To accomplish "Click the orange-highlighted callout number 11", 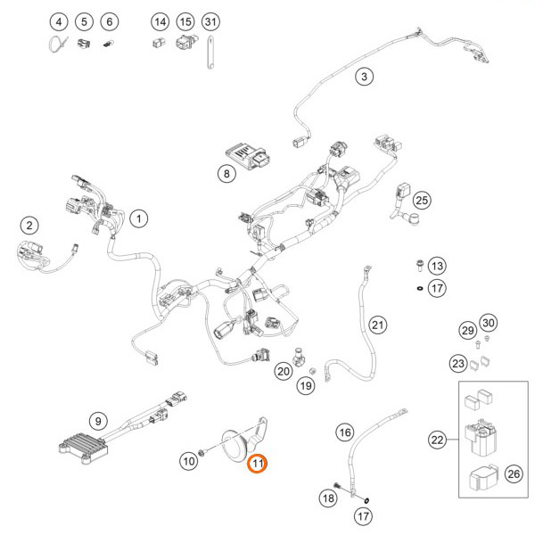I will (258, 463).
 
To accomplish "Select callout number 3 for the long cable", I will (364, 77).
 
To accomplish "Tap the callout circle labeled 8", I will (227, 174).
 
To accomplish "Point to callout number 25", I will (422, 200).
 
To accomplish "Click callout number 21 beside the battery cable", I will (378, 325).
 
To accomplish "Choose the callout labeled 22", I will (437, 439).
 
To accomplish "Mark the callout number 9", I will (98, 420).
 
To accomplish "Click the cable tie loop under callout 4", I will (56, 44).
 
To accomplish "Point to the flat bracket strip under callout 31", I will (210, 51).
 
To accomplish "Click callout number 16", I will (345, 433).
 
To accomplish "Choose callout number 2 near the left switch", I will (30, 226).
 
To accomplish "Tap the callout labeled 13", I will (436, 266).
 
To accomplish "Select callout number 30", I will (487, 322).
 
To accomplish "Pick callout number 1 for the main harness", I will (138, 217).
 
